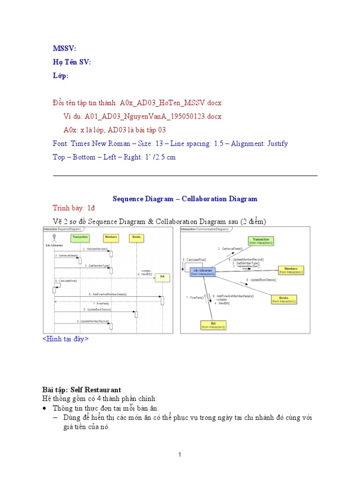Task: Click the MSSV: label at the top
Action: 64,49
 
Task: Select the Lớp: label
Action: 61,76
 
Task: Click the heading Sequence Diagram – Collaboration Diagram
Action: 185,199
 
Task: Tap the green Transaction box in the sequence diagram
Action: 80,238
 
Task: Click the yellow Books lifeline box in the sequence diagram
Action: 136,238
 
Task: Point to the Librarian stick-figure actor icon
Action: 54,238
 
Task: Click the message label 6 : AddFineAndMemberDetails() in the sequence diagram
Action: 107,294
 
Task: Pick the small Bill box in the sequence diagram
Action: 163,277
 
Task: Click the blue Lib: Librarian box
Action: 202,272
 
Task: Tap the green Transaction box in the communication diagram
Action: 261,241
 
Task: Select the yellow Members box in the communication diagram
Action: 291,270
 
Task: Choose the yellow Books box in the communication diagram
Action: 284,300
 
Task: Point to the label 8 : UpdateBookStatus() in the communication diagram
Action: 262,280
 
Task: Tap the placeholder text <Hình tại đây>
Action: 65,338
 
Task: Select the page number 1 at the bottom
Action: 180,454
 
